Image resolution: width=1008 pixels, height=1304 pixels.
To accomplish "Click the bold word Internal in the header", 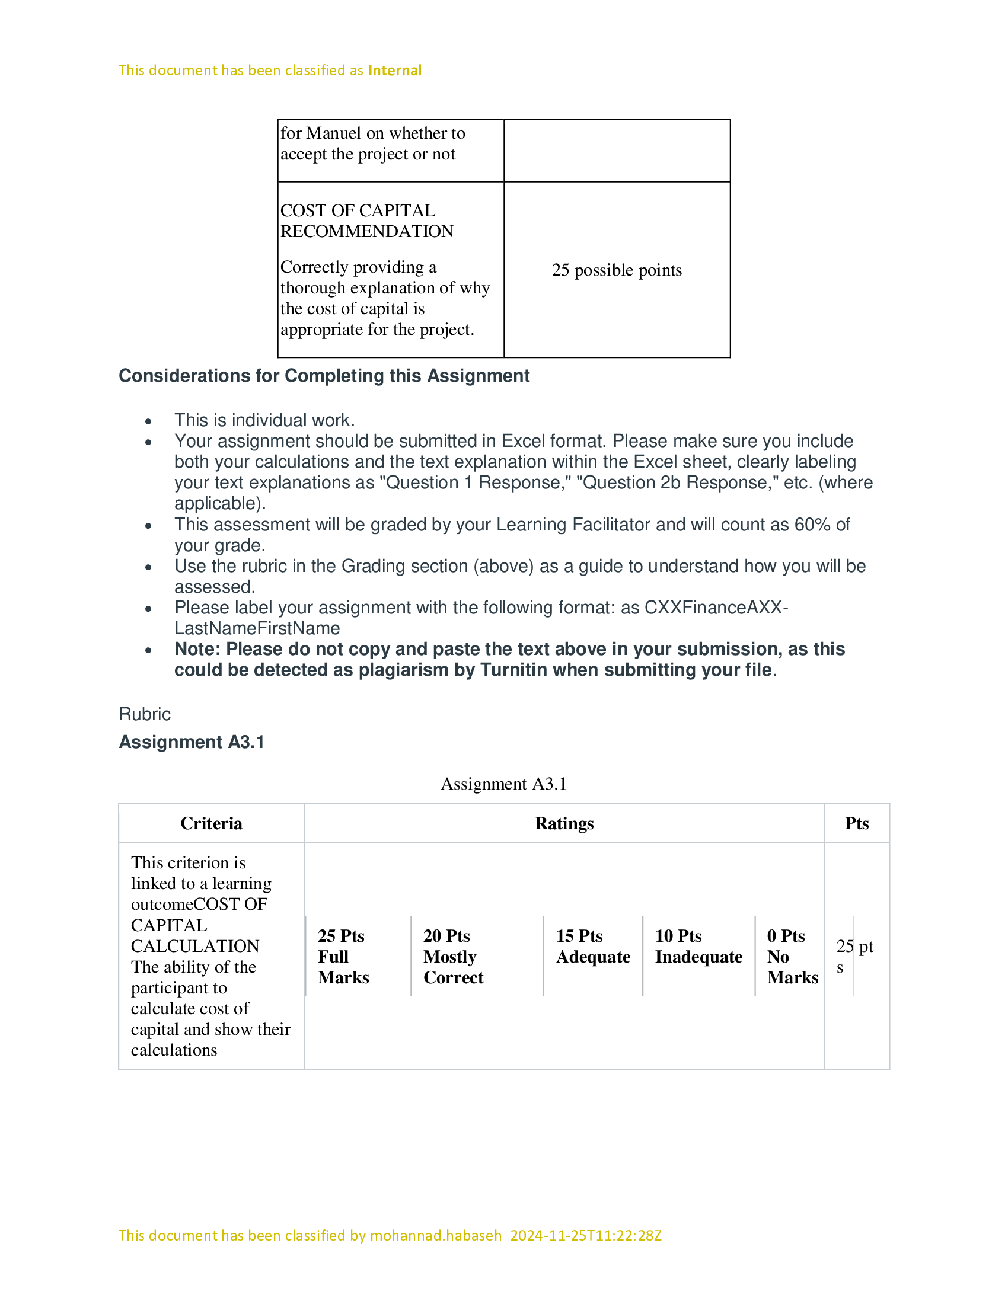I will coord(395,71).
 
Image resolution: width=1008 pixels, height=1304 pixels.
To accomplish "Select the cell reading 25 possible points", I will coord(616,270).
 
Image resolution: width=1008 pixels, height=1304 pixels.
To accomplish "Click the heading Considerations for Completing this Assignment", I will coord(324,376).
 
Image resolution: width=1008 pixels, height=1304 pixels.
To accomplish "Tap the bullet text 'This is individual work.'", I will coord(264,420).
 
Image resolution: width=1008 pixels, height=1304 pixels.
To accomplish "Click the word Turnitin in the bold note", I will coord(519,670).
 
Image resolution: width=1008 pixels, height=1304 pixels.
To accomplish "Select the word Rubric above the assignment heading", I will coord(145,714).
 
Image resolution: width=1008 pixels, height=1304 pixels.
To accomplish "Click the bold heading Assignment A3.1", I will coord(191,742).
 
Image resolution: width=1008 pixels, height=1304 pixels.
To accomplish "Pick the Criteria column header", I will coord(212,823).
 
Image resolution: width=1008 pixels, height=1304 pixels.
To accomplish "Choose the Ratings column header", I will coord(564,823).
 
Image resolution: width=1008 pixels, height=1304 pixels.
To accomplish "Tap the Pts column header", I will coord(856,823).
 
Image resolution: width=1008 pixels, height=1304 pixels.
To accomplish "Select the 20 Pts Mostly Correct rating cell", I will coord(477,957).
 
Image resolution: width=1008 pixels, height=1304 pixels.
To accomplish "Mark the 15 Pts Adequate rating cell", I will coord(592,957).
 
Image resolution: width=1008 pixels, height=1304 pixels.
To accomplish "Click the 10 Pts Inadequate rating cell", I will coord(698,957).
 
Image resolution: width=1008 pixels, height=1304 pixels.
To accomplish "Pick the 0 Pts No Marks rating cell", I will coord(789,957).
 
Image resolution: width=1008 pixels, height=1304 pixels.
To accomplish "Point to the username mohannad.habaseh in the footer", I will coord(435,1235).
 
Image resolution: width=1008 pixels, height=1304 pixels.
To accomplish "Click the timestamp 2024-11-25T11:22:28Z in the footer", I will coord(586,1235).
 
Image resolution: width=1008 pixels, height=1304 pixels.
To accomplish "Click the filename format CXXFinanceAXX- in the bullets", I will coord(716,607).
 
